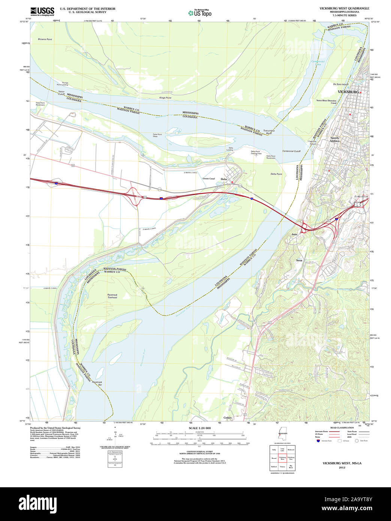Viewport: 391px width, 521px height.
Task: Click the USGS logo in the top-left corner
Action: click(42, 11)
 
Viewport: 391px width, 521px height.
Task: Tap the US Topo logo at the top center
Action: click(200, 13)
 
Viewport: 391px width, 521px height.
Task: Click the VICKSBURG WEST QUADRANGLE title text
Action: click(344, 8)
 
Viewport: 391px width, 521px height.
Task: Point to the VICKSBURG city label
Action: click(348, 92)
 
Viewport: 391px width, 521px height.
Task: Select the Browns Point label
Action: click(45, 39)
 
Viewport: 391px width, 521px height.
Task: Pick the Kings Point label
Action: click(165, 98)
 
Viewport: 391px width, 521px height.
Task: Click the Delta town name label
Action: click(224, 179)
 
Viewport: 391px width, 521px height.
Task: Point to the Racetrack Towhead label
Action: click(112, 296)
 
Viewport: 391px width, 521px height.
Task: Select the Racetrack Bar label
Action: click(97, 383)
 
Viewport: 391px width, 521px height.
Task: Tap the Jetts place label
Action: click(294, 234)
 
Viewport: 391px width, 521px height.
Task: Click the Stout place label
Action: click(299, 260)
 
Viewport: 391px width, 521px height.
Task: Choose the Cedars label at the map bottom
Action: click(228, 418)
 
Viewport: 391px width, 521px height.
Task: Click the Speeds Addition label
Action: click(335, 139)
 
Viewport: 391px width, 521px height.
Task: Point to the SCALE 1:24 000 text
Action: click(199, 428)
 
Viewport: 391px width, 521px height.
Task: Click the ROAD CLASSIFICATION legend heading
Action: click(342, 428)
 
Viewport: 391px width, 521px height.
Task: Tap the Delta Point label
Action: click(276, 174)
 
